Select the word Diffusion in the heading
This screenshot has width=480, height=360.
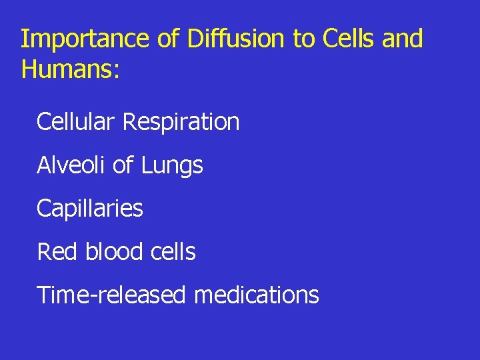coord(237,39)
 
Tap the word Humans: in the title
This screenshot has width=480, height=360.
coord(71,70)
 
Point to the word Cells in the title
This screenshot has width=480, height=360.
coord(349,39)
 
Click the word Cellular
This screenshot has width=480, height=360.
coord(77,122)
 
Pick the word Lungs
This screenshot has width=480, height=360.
coord(172,166)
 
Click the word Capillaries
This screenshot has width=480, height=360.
coord(90,209)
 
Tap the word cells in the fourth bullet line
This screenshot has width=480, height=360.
coord(172,251)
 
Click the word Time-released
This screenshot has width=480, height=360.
coord(111,295)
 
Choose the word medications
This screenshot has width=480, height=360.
coord(257,295)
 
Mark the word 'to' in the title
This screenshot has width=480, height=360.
coord(305,40)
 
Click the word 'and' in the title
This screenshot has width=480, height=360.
coord(403,39)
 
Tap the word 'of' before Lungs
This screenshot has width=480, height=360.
coord(123,165)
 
